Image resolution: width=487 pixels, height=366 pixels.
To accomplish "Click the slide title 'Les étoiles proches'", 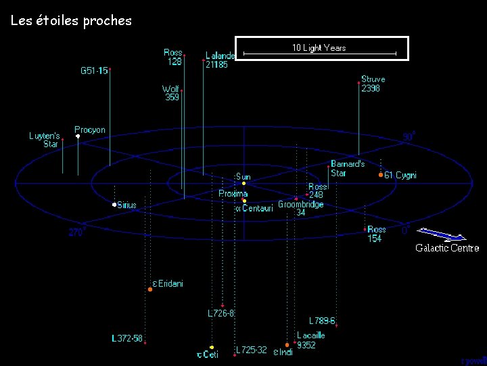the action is (x=71, y=20).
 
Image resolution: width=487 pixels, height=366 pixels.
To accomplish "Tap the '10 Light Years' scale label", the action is (x=319, y=47).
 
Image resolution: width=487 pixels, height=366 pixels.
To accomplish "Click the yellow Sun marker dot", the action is (x=243, y=184).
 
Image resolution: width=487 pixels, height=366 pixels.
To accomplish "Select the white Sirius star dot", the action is (x=114, y=205).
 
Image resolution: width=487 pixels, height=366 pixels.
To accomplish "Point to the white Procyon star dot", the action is (x=78, y=136).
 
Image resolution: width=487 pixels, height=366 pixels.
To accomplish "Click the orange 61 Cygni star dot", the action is (x=381, y=175).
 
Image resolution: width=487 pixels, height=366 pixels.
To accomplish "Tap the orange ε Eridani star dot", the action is (x=150, y=289).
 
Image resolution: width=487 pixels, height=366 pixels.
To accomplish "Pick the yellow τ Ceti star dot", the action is (x=212, y=347).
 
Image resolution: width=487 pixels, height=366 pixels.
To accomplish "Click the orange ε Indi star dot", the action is (x=287, y=345).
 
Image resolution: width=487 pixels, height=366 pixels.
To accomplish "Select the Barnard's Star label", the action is (x=348, y=168).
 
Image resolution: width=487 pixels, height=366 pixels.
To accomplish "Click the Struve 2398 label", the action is (x=373, y=83).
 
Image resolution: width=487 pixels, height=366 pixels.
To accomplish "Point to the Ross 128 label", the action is (x=173, y=57).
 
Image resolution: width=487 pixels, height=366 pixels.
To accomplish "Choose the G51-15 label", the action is (x=94, y=70).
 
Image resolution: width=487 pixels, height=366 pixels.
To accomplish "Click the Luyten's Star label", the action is (x=44, y=140).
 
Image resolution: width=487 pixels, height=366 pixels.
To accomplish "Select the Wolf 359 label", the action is (x=171, y=93).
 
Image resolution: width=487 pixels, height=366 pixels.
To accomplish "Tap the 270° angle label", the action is (x=77, y=232).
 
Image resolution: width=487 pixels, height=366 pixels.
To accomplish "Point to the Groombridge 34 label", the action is (x=301, y=208).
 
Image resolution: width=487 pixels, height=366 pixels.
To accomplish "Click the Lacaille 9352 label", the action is (x=310, y=340).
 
